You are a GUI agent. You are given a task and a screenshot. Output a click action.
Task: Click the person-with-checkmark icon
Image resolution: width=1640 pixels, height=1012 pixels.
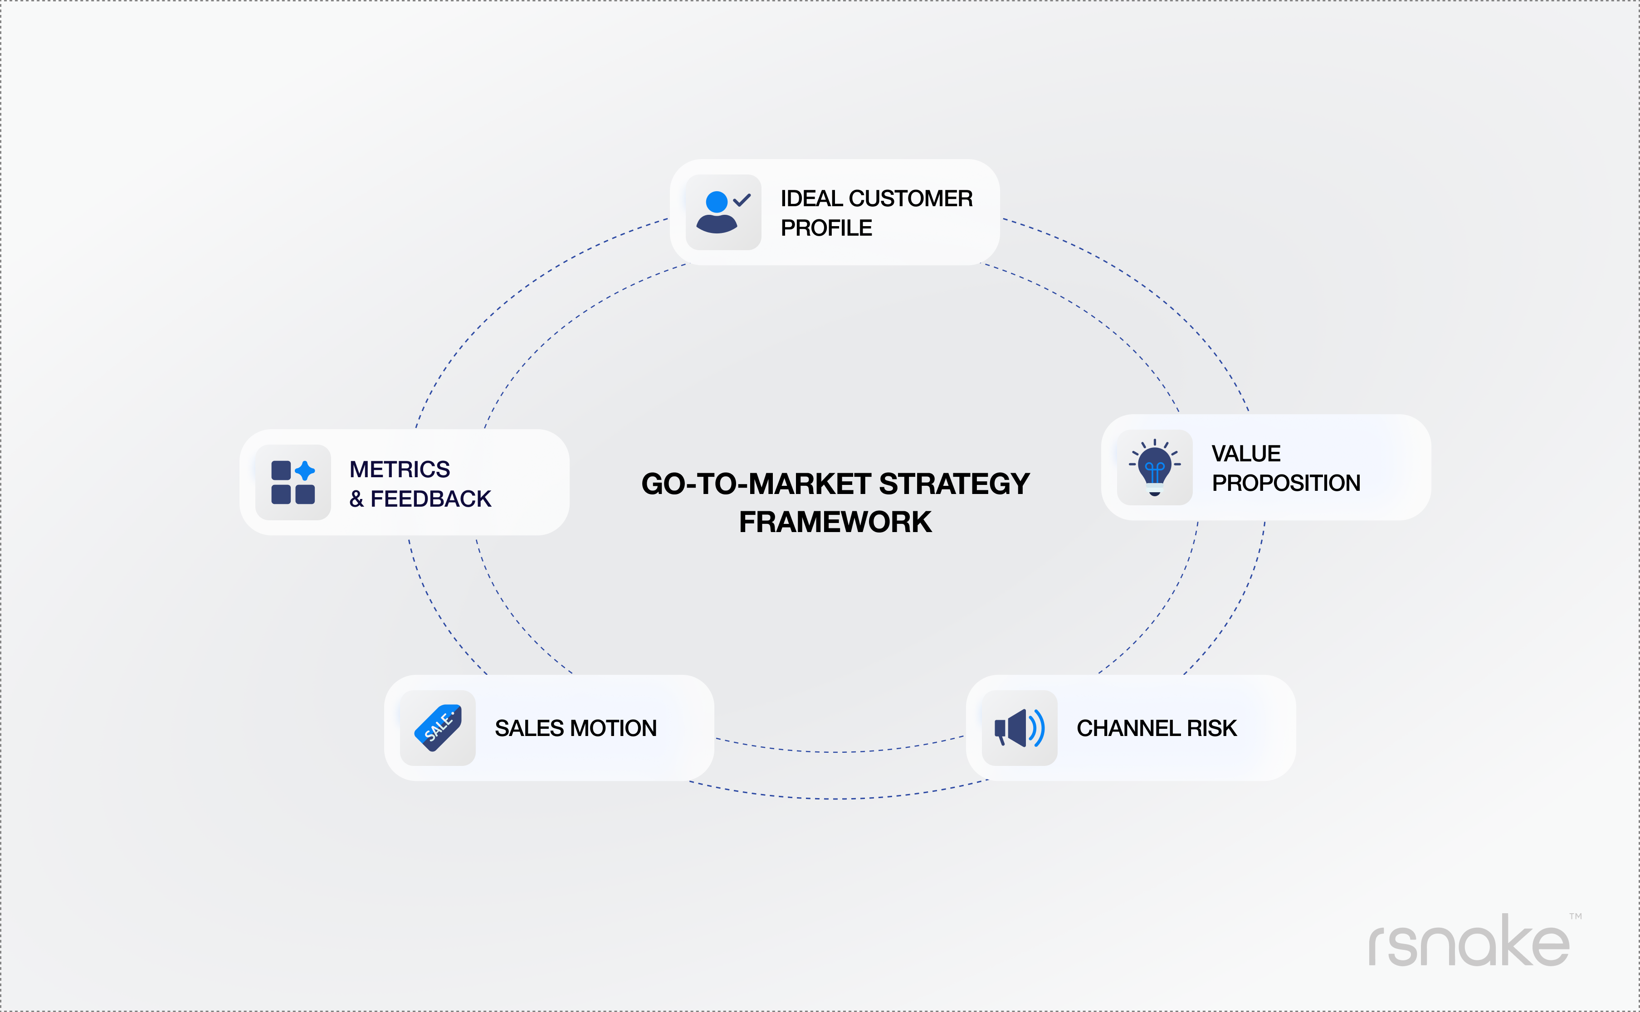pyautogui.click(x=722, y=212)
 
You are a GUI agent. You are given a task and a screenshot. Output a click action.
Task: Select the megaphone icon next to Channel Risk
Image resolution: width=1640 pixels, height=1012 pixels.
pyautogui.click(x=1019, y=728)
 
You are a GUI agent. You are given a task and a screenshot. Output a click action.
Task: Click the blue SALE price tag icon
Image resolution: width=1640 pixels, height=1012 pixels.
pyautogui.click(x=438, y=727)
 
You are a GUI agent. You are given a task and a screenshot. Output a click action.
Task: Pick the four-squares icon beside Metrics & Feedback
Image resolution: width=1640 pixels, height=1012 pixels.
pyautogui.click(x=293, y=482)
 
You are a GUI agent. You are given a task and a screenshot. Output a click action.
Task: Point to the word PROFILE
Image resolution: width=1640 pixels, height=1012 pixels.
pyautogui.click(x=826, y=228)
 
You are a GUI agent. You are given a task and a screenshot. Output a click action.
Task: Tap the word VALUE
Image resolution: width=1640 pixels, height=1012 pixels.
pyautogui.click(x=1245, y=454)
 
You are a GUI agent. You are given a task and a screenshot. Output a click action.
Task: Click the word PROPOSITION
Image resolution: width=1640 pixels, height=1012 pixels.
pyautogui.click(x=1286, y=483)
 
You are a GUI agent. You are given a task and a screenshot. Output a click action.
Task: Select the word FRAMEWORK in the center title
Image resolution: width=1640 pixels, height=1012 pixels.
pyautogui.click(x=835, y=522)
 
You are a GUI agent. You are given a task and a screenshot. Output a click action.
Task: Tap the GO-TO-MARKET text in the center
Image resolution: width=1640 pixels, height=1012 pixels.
pyautogui.click(x=756, y=484)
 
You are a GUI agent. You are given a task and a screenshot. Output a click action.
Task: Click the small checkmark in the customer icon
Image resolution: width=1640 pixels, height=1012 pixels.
pyautogui.click(x=742, y=199)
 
